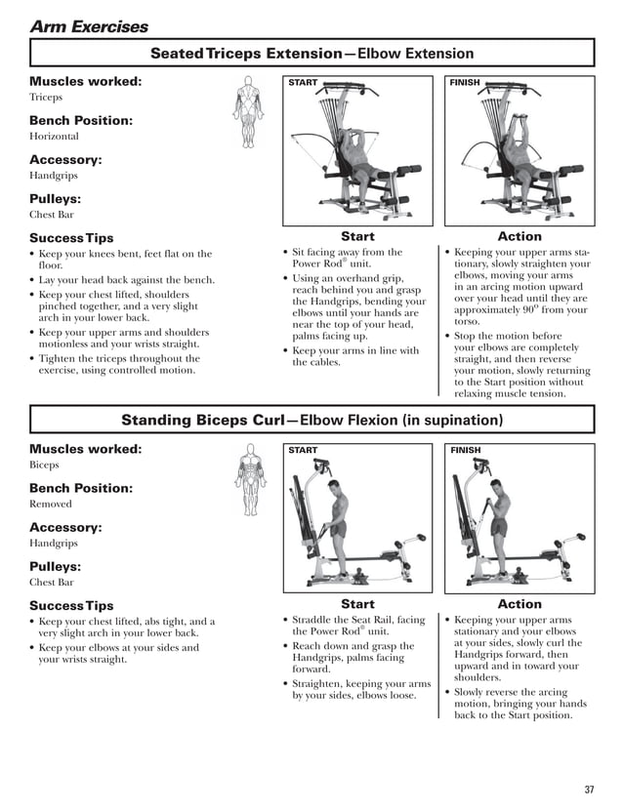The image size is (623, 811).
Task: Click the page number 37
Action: coord(589,790)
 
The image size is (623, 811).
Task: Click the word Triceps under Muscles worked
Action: coord(46,98)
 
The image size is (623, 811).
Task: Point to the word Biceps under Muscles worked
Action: coord(45,466)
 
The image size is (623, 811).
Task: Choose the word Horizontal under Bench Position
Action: coord(54,137)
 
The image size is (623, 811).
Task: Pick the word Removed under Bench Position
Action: coord(51,504)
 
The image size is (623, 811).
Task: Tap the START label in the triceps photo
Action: coord(303,83)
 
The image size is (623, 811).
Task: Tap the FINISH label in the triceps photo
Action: coord(465,83)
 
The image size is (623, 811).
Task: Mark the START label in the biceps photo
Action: coord(303,450)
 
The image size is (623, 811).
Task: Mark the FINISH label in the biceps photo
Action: coord(465,450)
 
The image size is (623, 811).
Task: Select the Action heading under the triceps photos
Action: coord(519,236)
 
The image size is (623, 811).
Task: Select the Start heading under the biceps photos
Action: coord(357,604)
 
